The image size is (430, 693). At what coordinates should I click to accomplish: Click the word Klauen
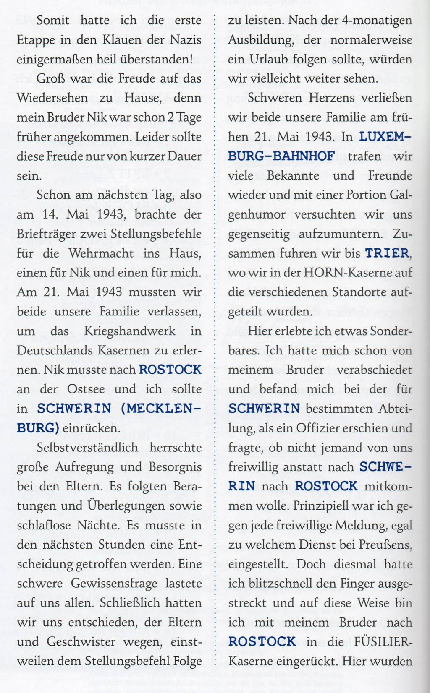[x=119, y=40]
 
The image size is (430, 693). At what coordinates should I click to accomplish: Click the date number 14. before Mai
[x=50, y=214]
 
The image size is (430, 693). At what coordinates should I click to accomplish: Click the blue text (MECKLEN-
[x=161, y=408]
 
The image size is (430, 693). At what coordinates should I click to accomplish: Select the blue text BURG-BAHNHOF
[x=281, y=156]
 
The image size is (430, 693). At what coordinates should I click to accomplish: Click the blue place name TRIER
[x=387, y=253]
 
